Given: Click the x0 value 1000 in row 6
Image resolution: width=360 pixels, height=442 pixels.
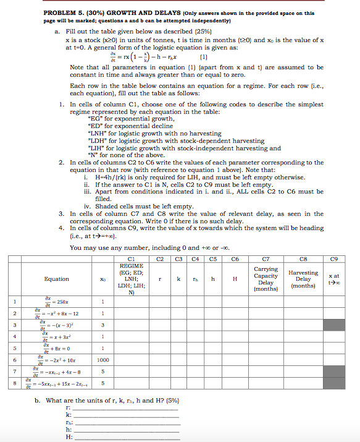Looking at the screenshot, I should click(103, 359).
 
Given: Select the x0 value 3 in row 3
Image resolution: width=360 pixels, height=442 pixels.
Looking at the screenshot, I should click(103, 325).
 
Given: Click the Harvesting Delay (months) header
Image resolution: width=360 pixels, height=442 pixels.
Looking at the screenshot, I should click(303, 279).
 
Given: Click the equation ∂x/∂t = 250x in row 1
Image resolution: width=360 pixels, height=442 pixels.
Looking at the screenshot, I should click(55, 301).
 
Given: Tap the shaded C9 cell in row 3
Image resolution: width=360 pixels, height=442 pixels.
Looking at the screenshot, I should click(334, 325).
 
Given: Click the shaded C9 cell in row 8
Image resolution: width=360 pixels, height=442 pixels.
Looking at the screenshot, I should click(334, 384).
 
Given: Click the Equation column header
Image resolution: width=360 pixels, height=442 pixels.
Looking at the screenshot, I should click(56, 279).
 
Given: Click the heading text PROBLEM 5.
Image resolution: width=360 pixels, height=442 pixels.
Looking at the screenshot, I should click(64, 13).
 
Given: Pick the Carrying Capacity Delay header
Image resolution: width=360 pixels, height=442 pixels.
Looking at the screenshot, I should click(266, 279).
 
